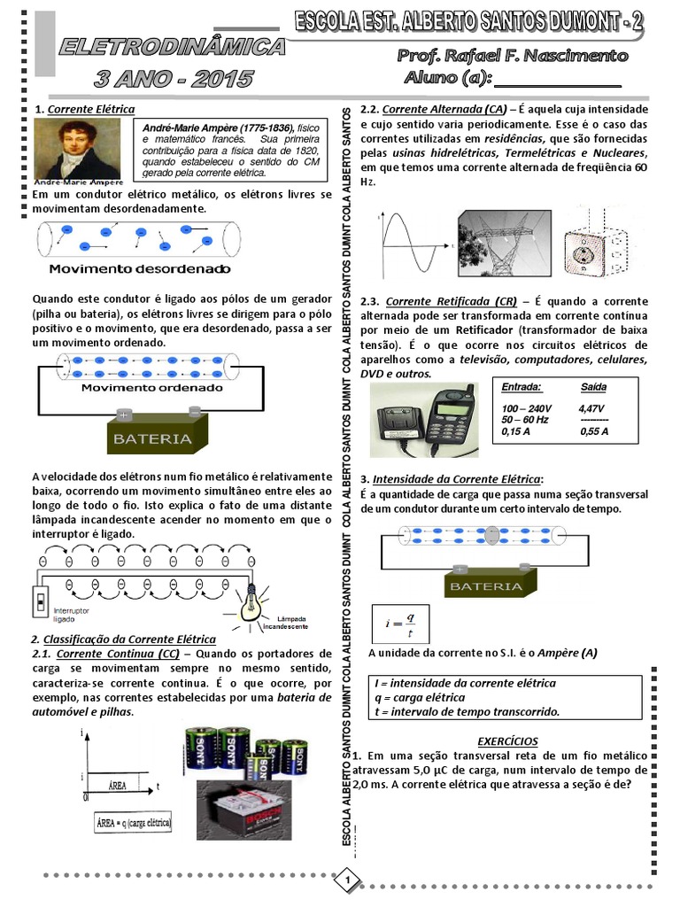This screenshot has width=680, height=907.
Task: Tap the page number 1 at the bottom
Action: click(349, 880)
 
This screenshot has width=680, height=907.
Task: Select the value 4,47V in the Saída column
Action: click(591, 407)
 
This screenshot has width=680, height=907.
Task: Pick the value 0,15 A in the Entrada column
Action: click(515, 431)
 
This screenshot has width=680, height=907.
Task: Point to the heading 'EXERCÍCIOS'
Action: click(506, 740)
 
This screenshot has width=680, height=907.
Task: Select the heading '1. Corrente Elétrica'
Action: click(84, 109)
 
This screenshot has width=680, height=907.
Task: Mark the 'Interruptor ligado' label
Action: click(71, 616)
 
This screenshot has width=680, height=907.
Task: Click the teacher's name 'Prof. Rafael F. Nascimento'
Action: click(513, 56)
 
